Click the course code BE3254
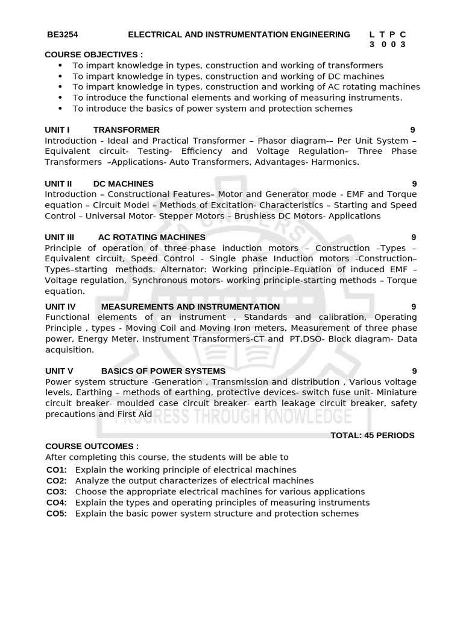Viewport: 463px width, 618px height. (63, 34)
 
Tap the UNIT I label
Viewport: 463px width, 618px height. (57, 130)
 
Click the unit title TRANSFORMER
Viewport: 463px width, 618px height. (127, 130)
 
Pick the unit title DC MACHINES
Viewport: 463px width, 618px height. (124, 183)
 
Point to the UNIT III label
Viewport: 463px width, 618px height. (60, 237)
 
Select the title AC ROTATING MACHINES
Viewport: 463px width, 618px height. (151, 237)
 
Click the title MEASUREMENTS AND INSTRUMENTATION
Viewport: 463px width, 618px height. (191, 307)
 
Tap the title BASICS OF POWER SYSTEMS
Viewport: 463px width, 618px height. (163, 371)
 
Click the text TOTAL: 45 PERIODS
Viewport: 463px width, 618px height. (373, 435)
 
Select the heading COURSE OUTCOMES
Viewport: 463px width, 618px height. (92, 446)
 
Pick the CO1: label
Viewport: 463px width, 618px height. (57, 470)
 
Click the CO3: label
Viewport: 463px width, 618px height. (57, 491)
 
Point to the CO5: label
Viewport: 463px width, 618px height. (57, 514)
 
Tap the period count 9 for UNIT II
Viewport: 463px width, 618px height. (414, 183)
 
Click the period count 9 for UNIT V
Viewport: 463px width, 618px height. (414, 371)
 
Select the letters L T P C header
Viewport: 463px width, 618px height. (388, 34)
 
